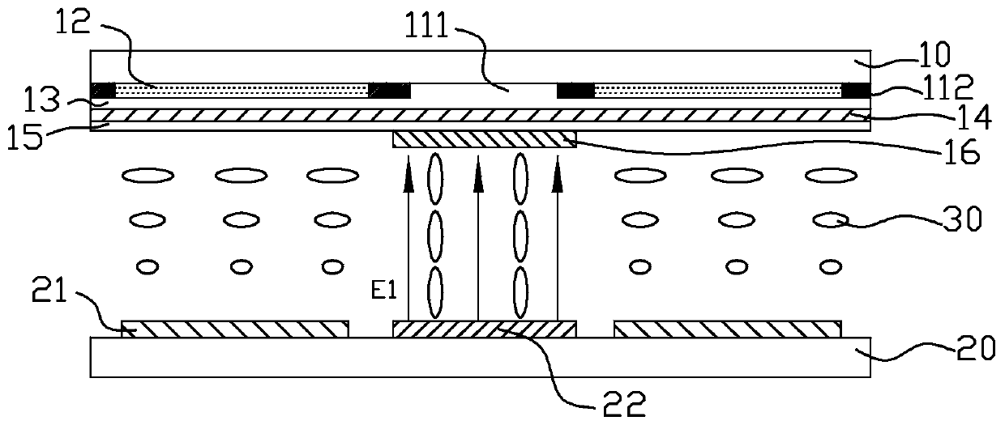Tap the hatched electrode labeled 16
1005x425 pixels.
[x=484, y=139]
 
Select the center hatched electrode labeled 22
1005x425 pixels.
[x=484, y=329]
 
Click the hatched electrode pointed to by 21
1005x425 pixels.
[x=235, y=329]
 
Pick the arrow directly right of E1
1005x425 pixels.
[x=408, y=243]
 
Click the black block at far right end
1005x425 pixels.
[x=857, y=90]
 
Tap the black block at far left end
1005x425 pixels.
[x=104, y=90]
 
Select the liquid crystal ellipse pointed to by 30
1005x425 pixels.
[x=829, y=219]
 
